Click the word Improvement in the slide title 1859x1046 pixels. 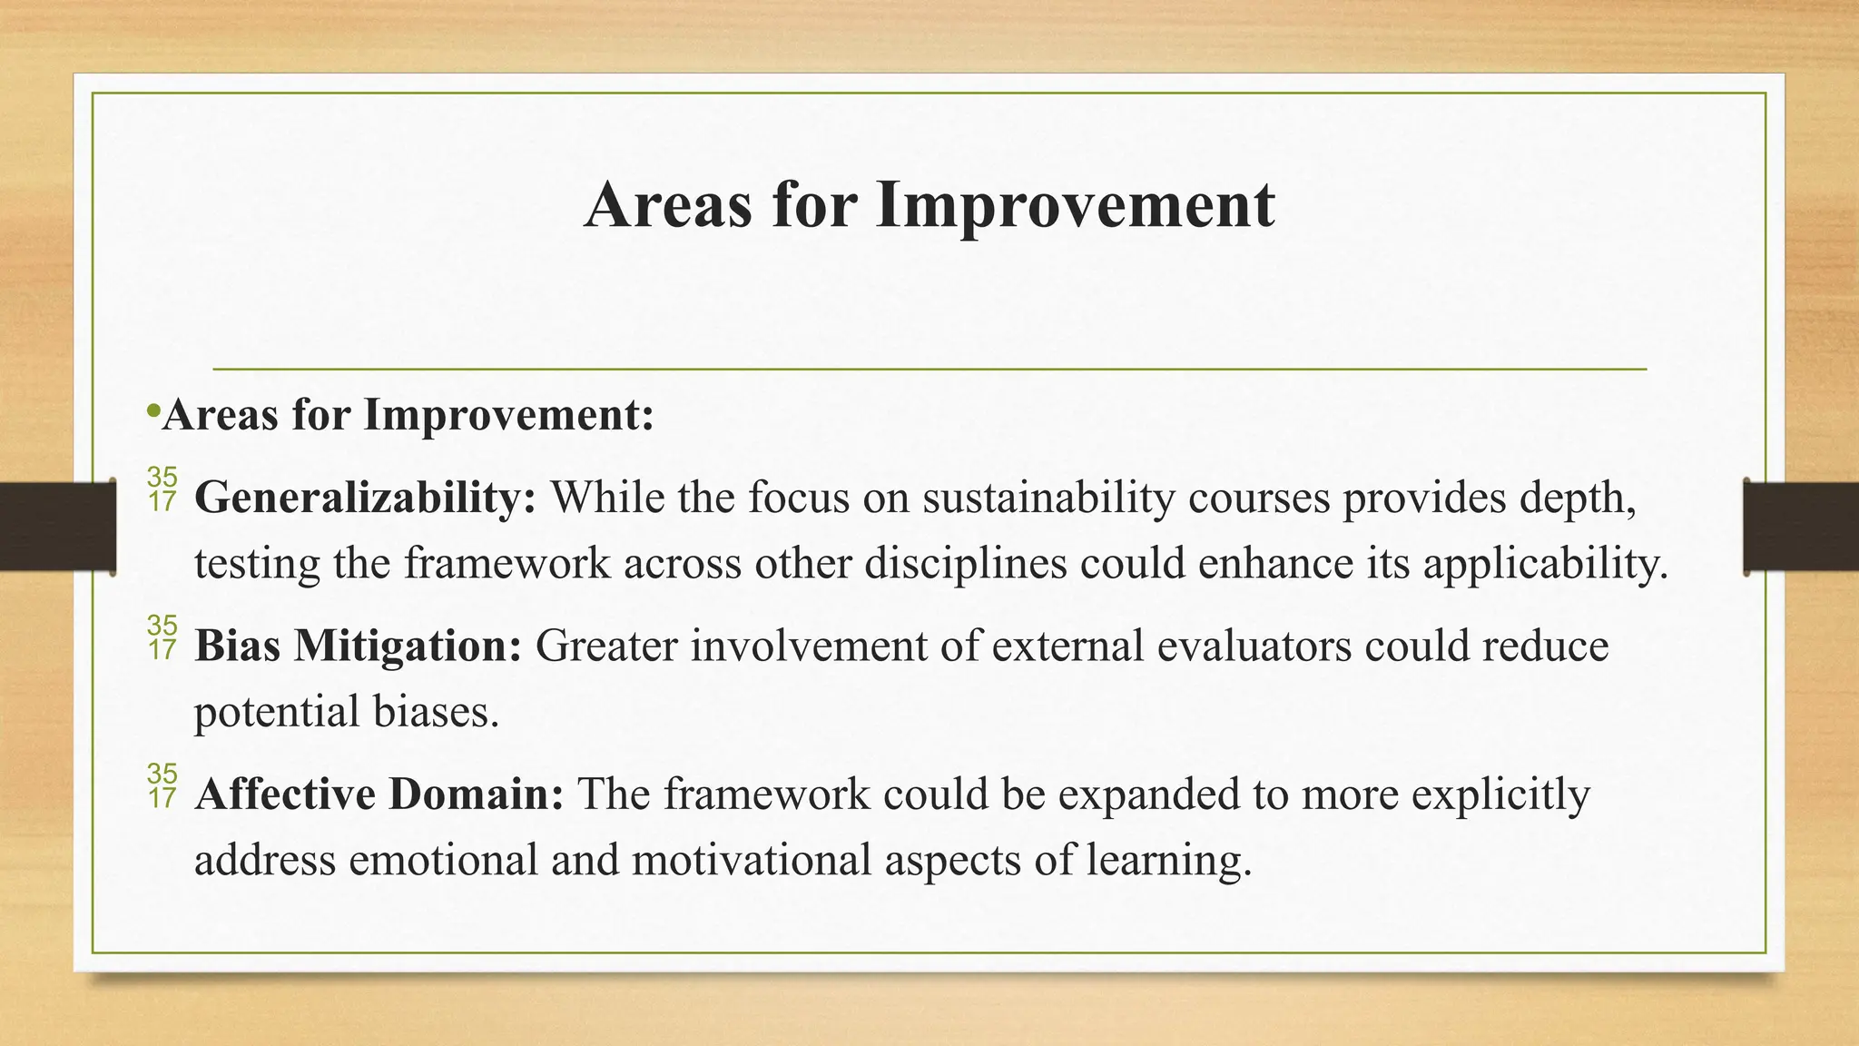(1075, 205)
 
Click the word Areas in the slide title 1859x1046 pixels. (668, 205)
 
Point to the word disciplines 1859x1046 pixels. (965, 563)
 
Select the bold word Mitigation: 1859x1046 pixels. (408, 646)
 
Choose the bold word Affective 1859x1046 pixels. (285, 794)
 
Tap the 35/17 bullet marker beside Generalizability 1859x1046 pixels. (162, 489)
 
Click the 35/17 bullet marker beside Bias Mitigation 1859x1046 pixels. (162, 637)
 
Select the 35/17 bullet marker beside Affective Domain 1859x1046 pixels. (162, 785)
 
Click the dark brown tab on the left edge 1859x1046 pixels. (57, 527)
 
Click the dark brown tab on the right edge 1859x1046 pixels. (1801, 527)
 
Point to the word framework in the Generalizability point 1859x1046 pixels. (507, 563)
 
